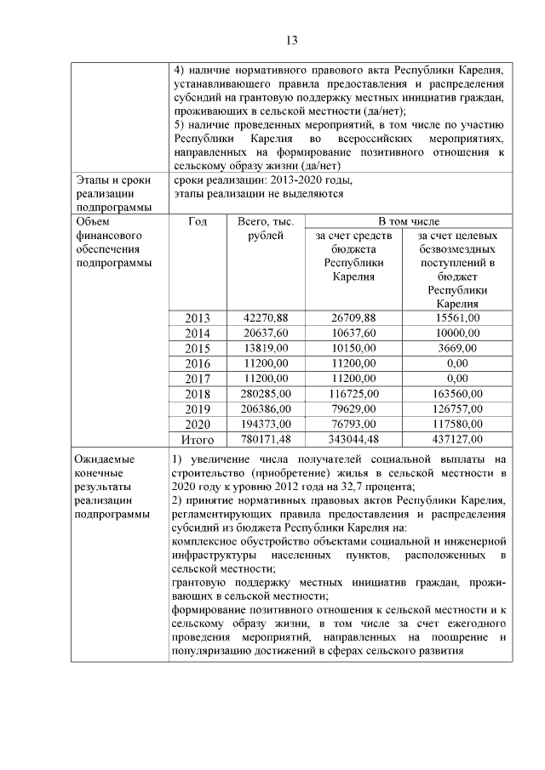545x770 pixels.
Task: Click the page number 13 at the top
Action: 290,40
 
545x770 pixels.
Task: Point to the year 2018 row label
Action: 198,393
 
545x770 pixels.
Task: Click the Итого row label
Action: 198,439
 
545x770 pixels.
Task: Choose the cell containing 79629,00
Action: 353,408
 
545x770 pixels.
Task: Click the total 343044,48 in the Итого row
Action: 353,439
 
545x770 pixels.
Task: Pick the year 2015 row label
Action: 198,348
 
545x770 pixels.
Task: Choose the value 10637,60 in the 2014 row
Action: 353,333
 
